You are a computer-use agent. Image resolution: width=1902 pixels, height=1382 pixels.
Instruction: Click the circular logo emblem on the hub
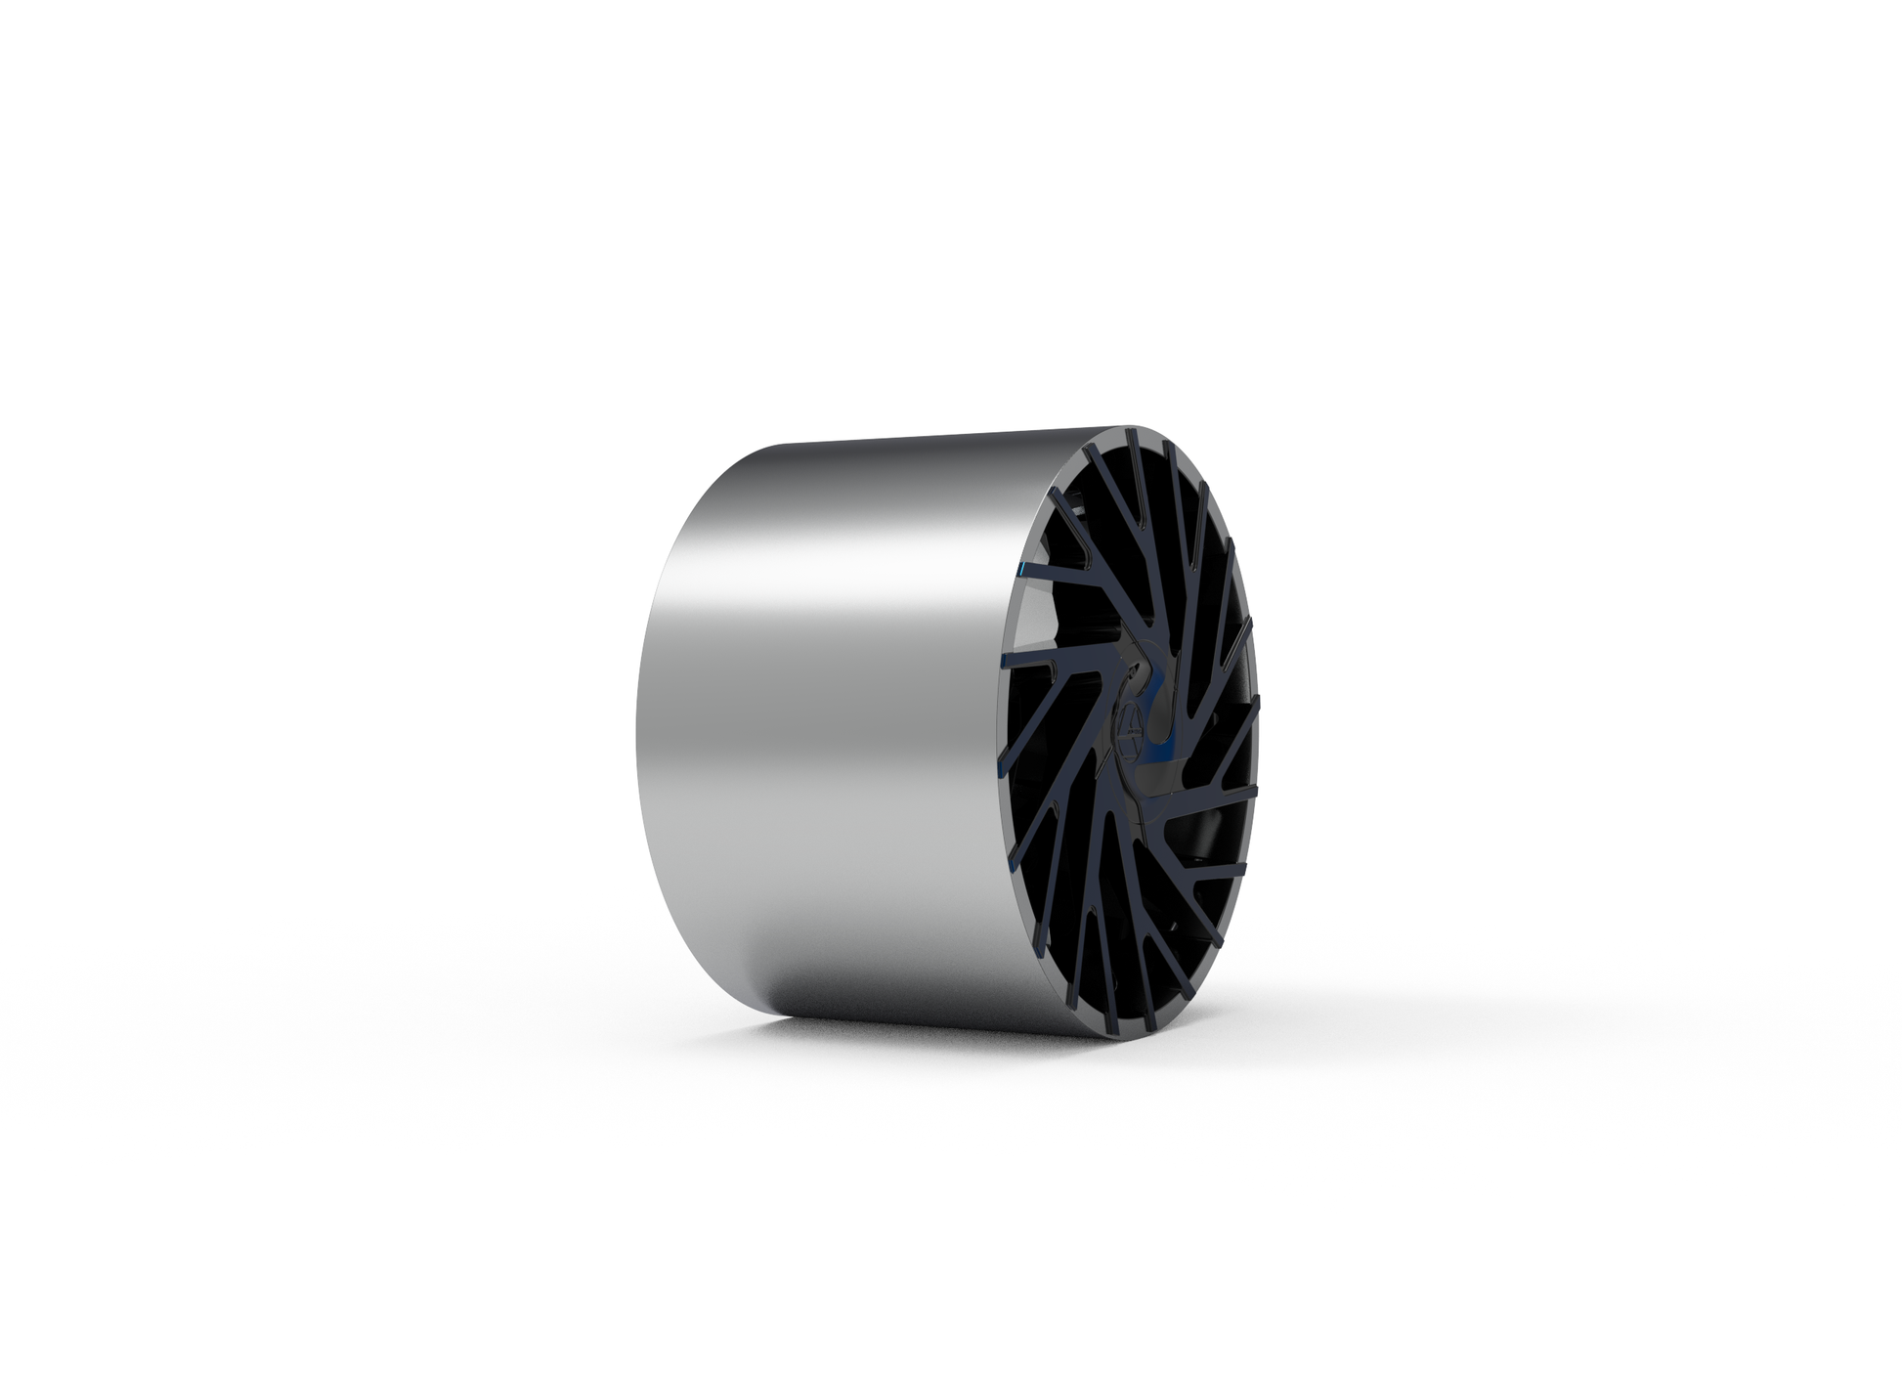(1127, 732)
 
